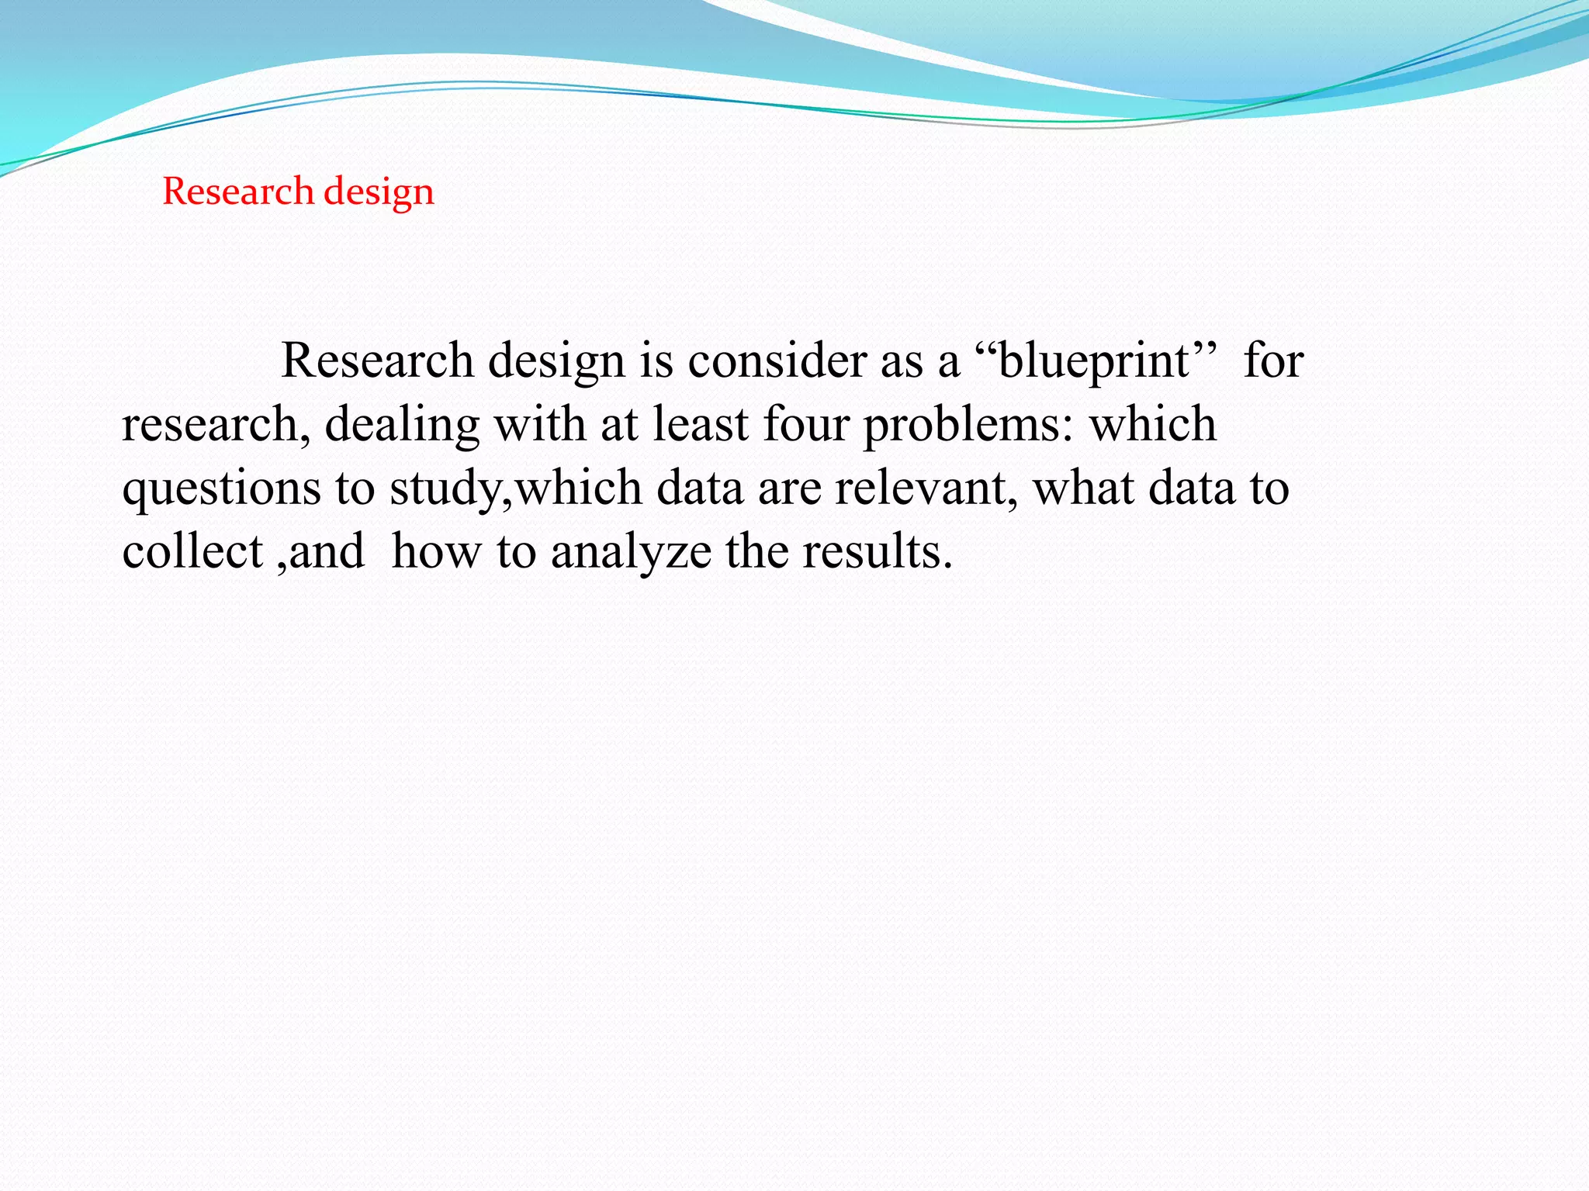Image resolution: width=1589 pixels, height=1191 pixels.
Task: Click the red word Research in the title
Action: [x=237, y=192]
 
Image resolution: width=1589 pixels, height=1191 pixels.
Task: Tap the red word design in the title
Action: [x=379, y=192]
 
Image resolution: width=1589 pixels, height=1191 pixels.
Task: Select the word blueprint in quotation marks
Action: [x=1094, y=361]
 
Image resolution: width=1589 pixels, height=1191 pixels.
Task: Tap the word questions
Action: [x=221, y=490]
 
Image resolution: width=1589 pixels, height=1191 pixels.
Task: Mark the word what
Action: [x=1083, y=488]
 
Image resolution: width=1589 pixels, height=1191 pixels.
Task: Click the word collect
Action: [x=192, y=552]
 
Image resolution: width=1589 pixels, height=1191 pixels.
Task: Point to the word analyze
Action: [x=631, y=554]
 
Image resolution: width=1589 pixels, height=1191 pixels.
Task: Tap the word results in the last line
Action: [x=876, y=552]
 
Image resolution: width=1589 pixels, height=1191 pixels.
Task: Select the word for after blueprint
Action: [x=1273, y=361]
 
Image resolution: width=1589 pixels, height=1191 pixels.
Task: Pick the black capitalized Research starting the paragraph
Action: [x=377, y=361]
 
